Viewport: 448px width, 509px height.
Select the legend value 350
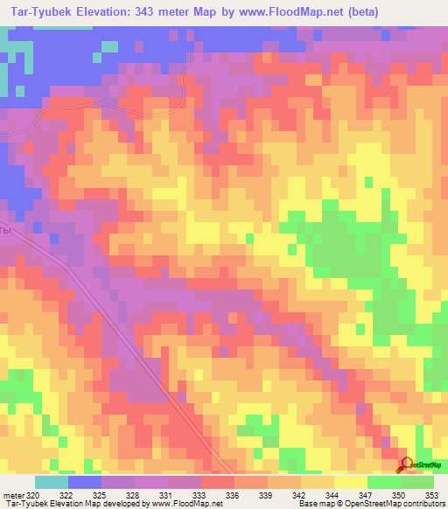[398, 494]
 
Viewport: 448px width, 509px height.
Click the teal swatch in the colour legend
[52, 482]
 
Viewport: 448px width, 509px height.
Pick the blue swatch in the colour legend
[85, 482]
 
